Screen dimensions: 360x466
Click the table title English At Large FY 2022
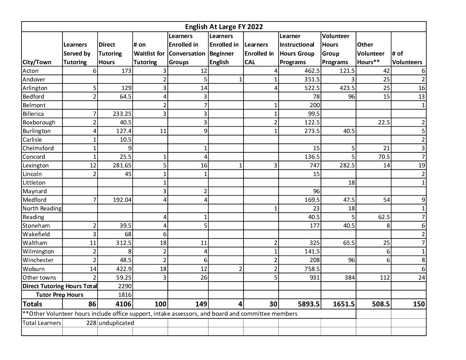(x=224, y=27)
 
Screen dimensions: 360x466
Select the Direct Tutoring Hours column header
(x=110, y=53)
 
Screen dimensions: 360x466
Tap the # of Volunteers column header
(x=407, y=58)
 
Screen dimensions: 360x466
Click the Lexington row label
(x=35, y=165)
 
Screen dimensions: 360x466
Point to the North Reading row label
(x=42, y=208)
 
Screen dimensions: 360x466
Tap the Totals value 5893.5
(x=308, y=304)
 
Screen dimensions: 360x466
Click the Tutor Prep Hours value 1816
(x=125, y=295)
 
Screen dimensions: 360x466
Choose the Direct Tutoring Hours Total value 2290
(x=125, y=286)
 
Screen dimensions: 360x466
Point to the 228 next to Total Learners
(x=91, y=323)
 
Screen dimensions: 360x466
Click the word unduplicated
(x=116, y=323)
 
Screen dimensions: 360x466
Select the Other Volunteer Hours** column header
(x=371, y=53)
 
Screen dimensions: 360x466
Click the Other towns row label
(x=39, y=278)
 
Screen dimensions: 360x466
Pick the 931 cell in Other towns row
(x=314, y=278)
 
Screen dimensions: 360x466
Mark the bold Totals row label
(x=32, y=304)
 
